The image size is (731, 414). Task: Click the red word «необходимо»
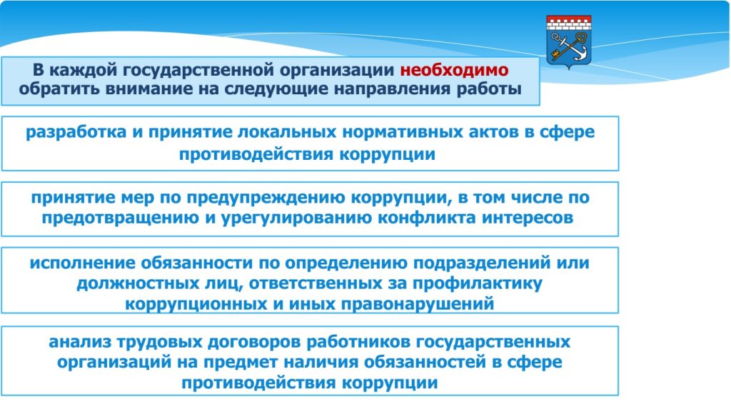[x=454, y=70]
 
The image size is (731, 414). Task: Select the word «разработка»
[x=76, y=132]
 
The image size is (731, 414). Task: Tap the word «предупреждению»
[x=266, y=198]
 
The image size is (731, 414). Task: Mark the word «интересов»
[x=528, y=218]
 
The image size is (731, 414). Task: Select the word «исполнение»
[x=83, y=263]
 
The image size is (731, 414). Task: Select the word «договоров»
[x=255, y=343]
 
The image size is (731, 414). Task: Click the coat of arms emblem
[x=569, y=42]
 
